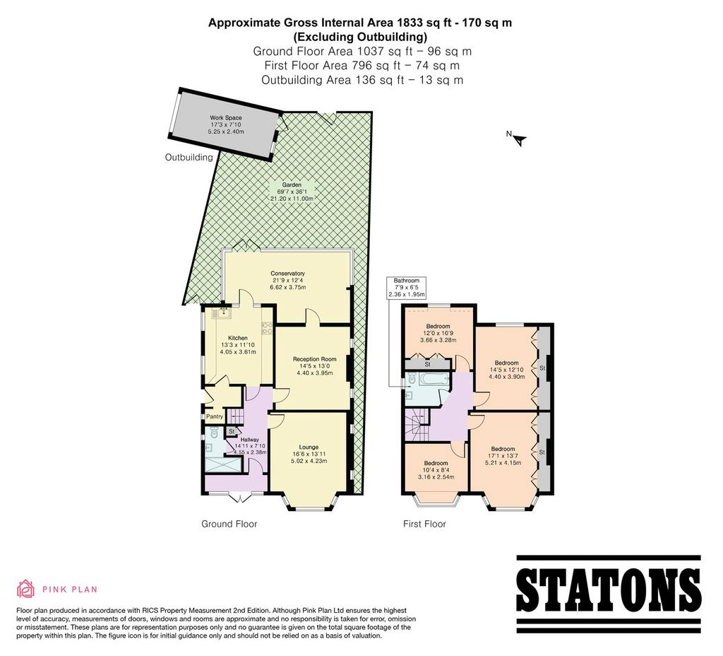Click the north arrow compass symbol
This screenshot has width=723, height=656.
tap(520, 139)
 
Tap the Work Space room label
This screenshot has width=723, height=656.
tap(226, 118)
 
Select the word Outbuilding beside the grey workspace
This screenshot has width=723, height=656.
tap(189, 158)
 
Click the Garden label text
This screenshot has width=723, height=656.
tap(292, 184)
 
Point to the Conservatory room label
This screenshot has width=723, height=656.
tap(288, 274)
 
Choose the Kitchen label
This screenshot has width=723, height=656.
tap(238, 338)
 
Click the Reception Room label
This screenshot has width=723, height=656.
tap(315, 358)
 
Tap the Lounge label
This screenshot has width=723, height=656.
tap(309, 447)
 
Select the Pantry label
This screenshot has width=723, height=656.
tap(215, 416)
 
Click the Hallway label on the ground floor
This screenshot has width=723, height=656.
tap(249, 440)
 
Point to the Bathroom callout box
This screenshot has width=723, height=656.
tap(407, 287)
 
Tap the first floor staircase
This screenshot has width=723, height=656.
tap(417, 425)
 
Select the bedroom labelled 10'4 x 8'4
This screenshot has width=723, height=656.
tap(436, 470)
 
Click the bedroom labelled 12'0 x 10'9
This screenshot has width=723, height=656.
tap(438, 333)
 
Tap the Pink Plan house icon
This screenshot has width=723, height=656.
tap(26, 589)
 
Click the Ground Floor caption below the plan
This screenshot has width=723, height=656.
tap(229, 524)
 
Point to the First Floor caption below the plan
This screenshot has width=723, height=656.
tap(424, 524)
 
